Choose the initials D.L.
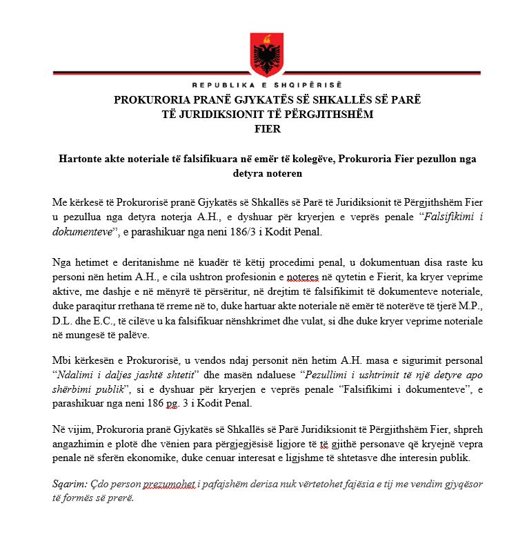tap(63, 321)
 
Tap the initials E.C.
tap(103, 321)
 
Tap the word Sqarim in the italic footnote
tap(68, 485)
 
